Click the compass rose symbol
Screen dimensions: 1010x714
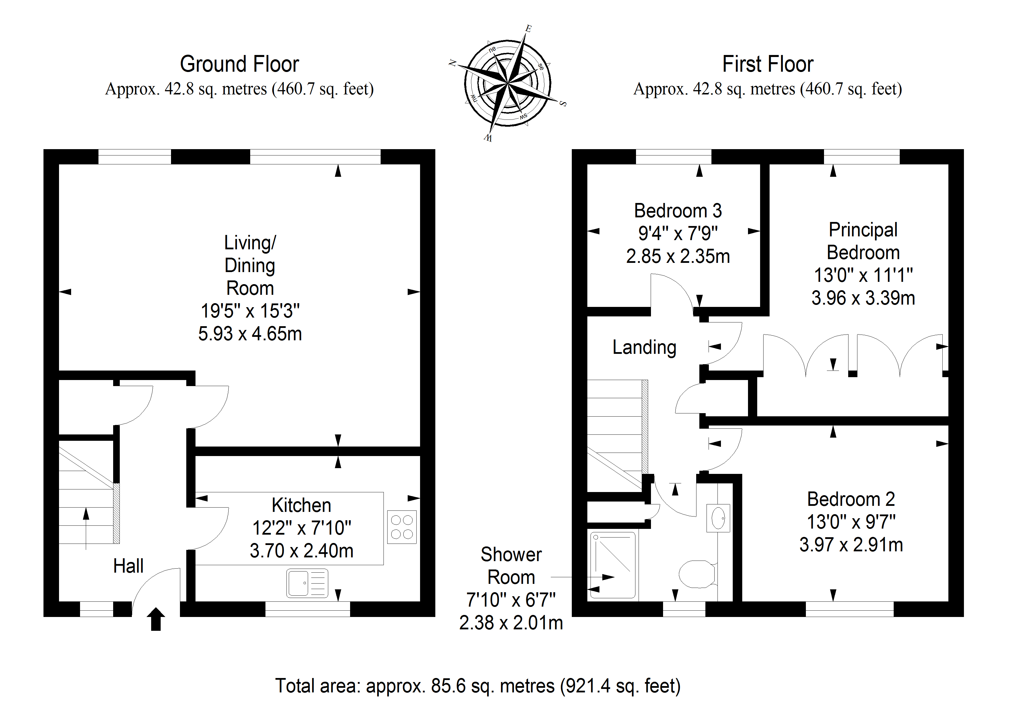click(x=508, y=83)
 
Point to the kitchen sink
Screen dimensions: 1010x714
click(x=307, y=583)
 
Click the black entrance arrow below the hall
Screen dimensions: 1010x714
click(x=156, y=619)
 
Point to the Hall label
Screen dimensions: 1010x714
click(x=128, y=566)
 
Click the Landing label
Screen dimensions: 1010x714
click(x=644, y=347)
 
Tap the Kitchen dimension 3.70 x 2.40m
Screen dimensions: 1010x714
click(x=301, y=551)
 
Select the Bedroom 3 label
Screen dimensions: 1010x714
click(x=678, y=211)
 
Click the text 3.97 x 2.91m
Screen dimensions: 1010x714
click(x=851, y=545)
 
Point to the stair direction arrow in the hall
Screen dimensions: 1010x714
click(x=86, y=528)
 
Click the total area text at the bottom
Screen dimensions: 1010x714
click(x=478, y=686)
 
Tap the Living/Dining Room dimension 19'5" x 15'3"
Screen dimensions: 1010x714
click(x=250, y=311)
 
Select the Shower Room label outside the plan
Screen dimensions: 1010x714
click(x=511, y=566)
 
